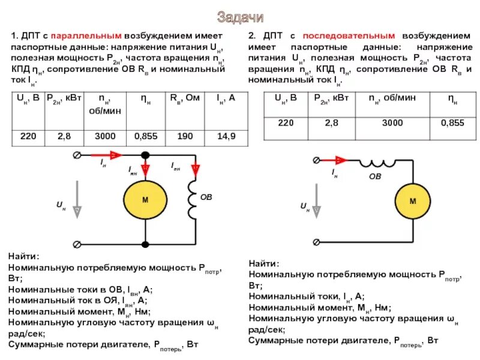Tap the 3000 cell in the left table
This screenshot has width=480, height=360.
pos(105,137)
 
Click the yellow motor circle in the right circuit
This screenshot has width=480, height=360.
pos(412,202)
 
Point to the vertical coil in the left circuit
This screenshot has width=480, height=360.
pos(193,199)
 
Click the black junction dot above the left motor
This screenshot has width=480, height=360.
pos(145,155)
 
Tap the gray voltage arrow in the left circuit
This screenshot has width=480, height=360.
pos(77,205)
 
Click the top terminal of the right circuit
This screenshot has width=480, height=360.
pos(316,160)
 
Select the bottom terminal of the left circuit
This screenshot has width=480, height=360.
pos(77,244)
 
